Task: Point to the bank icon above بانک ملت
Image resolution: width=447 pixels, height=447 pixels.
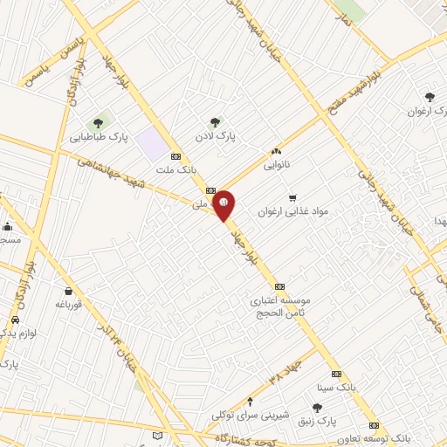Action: point(175,157)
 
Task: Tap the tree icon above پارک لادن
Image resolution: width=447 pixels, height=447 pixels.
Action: point(215,122)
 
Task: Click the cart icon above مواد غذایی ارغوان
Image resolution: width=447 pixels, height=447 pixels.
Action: point(293,197)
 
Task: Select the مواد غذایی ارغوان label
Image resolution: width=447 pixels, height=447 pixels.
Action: point(292,211)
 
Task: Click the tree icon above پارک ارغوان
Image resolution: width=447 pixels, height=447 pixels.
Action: point(429,97)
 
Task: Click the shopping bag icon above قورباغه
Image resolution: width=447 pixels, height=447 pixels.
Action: point(68,291)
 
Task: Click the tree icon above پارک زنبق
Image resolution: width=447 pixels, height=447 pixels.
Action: point(317,408)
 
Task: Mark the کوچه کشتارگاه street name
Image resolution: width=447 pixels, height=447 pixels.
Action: point(254,437)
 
